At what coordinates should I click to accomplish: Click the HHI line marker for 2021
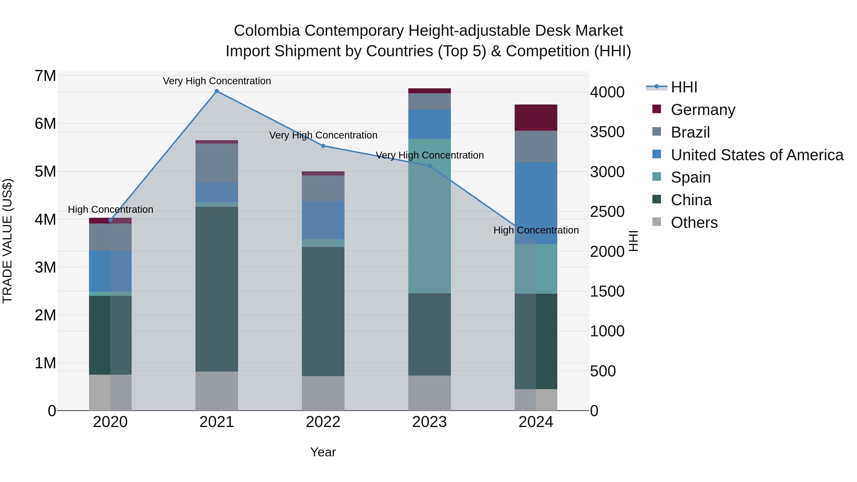click(217, 91)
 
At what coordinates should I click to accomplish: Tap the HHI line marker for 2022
click(323, 146)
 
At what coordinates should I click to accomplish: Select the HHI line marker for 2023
click(429, 166)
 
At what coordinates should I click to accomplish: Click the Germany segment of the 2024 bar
click(536, 117)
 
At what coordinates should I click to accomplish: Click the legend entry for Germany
click(703, 109)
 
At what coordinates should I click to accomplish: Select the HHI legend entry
click(684, 87)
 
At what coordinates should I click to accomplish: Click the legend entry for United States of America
click(757, 155)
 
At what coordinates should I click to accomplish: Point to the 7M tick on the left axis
click(45, 76)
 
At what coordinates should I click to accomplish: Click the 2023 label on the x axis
click(429, 422)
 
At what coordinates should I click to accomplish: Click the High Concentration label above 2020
click(110, 209)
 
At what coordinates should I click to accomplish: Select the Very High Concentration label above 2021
click(217, 81)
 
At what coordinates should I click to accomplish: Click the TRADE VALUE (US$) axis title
click(7, 241)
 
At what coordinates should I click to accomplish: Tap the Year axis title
click(323, 452)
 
